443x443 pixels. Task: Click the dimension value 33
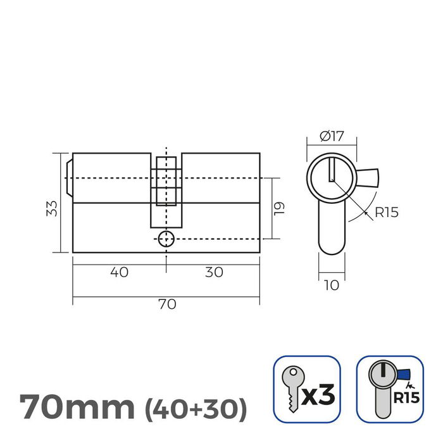click(x=53, y=208)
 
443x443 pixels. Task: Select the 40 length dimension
click(x=119, y=272)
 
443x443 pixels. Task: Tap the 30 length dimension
click(x=214, y=272)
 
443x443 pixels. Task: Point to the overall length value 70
click(x=166, y=304)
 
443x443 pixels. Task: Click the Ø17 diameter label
click(x=332, y=135)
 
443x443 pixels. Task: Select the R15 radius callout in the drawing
click(x=386, y=213)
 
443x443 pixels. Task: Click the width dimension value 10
click(x=331, y=285)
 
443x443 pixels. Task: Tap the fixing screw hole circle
click(x=165, y=239)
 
